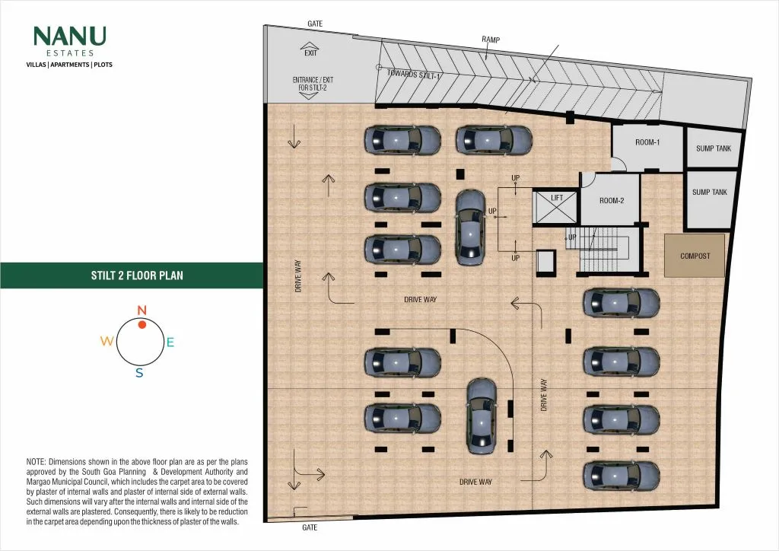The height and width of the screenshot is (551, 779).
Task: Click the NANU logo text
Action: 69,37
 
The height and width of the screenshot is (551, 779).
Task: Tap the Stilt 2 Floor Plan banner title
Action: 137,275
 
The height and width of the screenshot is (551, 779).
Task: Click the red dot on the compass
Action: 142,324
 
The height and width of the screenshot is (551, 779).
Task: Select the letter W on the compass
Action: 107,341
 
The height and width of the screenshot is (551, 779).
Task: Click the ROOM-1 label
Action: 647,142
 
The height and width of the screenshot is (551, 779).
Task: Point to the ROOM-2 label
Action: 612,201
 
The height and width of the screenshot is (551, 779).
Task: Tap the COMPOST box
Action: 695,256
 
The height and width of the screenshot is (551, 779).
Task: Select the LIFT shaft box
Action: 555,207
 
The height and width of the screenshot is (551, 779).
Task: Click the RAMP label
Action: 491,40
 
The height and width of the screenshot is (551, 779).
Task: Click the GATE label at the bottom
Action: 310,527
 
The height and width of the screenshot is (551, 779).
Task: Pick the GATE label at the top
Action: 315,24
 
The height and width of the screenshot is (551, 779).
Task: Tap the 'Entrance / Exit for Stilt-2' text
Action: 313,84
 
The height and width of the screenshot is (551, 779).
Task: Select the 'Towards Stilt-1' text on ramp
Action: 414,75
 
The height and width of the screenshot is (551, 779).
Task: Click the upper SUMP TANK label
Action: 714,148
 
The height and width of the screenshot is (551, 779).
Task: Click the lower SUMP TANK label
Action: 710,193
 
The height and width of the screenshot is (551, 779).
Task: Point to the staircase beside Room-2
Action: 604,250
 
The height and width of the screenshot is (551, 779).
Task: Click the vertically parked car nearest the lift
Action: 470,228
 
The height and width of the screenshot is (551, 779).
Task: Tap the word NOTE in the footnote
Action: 36,462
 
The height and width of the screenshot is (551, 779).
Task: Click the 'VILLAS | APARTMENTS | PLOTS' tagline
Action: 69,65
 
